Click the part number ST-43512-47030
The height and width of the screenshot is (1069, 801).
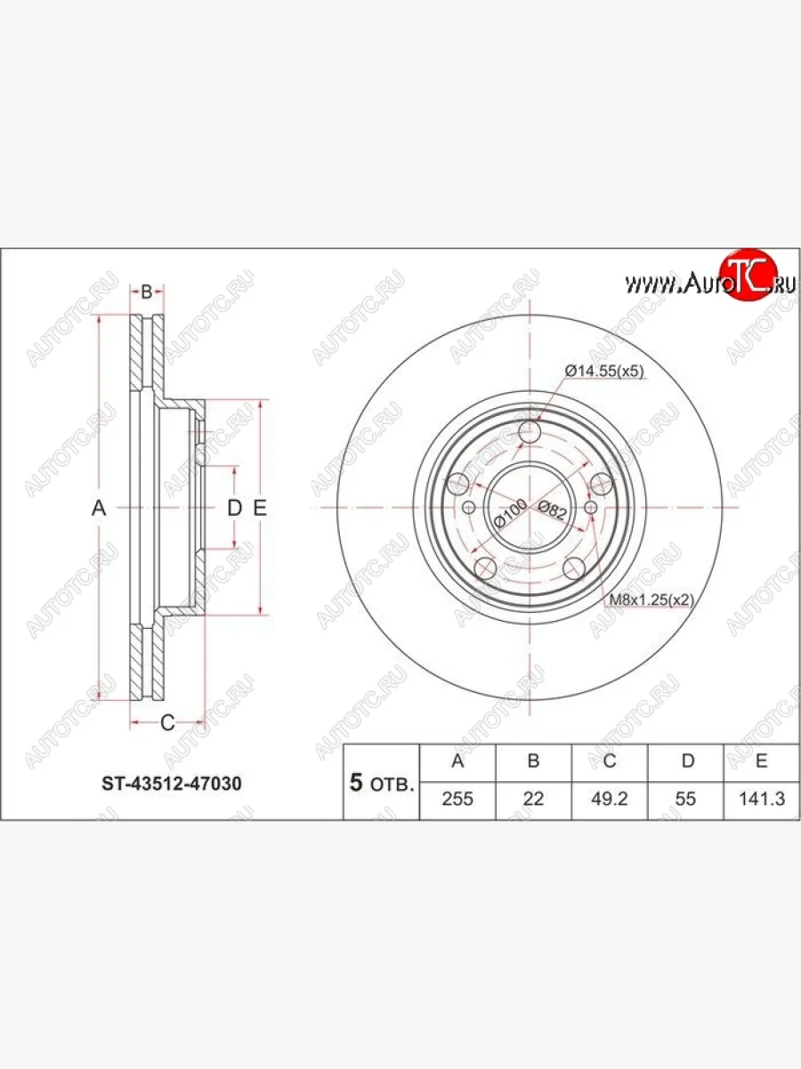168,784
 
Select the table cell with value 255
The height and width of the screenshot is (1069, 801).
457,799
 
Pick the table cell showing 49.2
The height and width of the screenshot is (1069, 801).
610,799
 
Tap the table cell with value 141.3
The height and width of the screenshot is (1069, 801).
763,799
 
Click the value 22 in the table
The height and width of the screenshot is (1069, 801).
533,799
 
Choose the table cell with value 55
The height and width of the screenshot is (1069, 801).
685,799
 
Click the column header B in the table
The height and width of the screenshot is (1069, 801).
533,761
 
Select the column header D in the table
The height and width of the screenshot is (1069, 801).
685,761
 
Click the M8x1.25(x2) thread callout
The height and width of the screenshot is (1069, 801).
651,600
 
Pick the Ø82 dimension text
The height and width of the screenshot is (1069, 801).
553,510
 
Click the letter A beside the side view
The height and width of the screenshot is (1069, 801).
99,508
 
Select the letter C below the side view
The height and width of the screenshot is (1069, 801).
166,722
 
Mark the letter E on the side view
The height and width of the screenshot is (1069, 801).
260,508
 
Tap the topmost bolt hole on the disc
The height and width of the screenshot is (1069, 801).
530,433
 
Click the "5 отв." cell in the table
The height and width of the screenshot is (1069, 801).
381,784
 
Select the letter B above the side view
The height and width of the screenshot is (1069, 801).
148,290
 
